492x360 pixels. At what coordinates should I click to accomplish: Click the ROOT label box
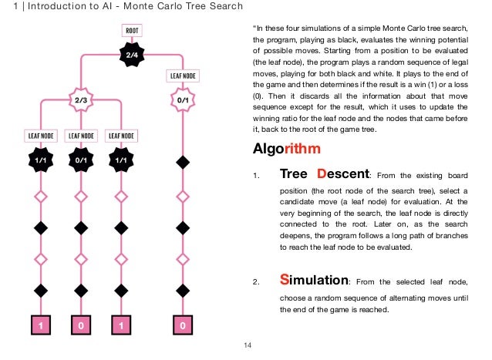point(131,32)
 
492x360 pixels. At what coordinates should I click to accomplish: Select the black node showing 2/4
point(131,55)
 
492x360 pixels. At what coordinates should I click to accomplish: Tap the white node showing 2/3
point(80,100)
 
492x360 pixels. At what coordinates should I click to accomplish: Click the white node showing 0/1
point(182,100)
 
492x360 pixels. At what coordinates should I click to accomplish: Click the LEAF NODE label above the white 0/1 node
point(182,76)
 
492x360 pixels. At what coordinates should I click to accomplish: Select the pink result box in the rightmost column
point(182,325)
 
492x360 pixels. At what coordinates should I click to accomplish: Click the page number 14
point(247,344)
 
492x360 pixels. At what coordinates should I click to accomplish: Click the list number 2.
point(256,281)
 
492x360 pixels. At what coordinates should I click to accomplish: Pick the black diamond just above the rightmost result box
point(182,290)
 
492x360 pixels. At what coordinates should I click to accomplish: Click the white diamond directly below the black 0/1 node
point(80,197)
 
